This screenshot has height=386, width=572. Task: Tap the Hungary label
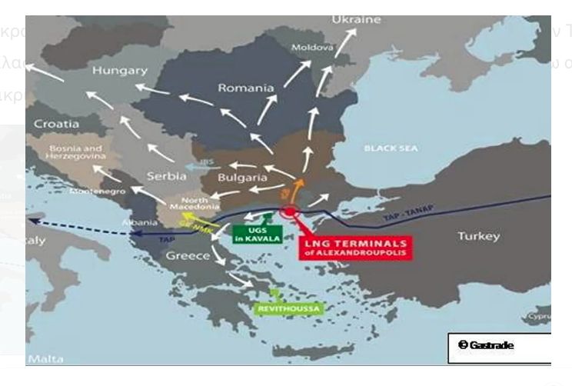pos(119,70)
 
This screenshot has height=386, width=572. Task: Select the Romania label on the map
pos(246,88)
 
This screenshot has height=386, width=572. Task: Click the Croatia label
pos(56,123)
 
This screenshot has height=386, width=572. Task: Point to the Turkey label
pos(478,236)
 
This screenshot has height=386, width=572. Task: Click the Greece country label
pos(188,256)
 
